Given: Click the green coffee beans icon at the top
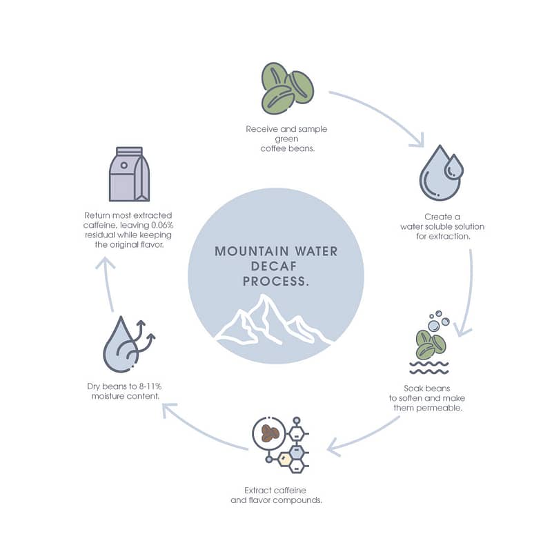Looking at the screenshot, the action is coord(287,88).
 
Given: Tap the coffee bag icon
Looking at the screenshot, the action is coord(130,175).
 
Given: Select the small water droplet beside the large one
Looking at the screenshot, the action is coord(454,166).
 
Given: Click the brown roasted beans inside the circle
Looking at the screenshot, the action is coord(270,433).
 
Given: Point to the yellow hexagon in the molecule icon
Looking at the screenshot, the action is coord(284,459).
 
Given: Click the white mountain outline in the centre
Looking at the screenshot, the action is coord(273,320).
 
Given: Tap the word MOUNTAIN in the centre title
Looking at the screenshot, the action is coord(252,251).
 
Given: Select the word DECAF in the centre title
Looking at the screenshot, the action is coord(274,266).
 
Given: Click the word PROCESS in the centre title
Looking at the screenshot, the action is coord(274,282).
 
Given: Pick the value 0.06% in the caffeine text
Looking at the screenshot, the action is coord(162,225).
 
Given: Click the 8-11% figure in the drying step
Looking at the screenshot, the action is coord(150,386).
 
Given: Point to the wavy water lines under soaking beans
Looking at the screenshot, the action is coord(428,367).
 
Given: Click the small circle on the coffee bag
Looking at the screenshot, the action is coord(124,165).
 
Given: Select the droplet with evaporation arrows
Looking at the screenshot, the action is coord(129,344).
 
